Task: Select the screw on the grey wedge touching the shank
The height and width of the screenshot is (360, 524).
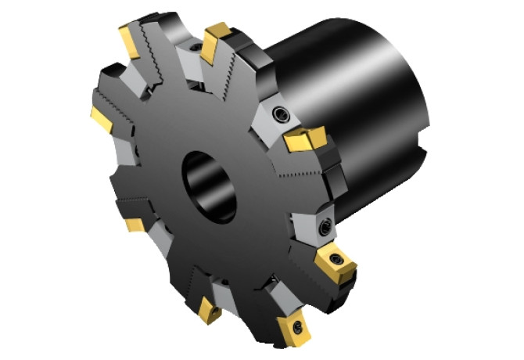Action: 280,115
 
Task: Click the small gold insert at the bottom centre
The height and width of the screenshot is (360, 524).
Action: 210,311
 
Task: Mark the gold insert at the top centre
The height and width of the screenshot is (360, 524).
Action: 214,42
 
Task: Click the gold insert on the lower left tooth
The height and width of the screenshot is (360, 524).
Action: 135,225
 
